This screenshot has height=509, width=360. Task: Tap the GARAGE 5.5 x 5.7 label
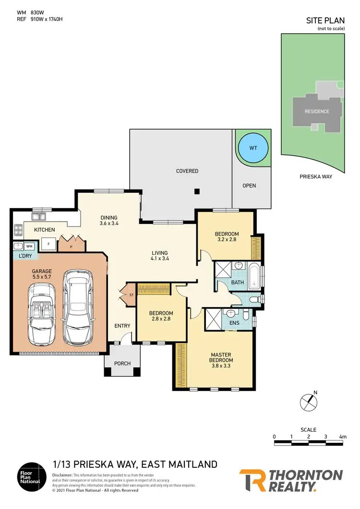[42, 274]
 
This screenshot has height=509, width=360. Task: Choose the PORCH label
[122, 363]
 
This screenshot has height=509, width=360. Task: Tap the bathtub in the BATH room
[254, 276]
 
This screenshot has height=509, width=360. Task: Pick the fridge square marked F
[48, 244]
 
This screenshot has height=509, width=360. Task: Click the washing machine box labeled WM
[29, 247]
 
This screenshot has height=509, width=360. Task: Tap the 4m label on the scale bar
[342, 437]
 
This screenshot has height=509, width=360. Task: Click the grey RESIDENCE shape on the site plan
[317, 111]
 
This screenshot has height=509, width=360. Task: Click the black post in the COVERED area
[197, 192]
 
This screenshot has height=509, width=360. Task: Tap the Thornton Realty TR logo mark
[252, 480]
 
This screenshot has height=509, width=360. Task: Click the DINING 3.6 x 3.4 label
[108, 220]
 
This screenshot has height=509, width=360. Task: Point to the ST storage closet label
[131, 295]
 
